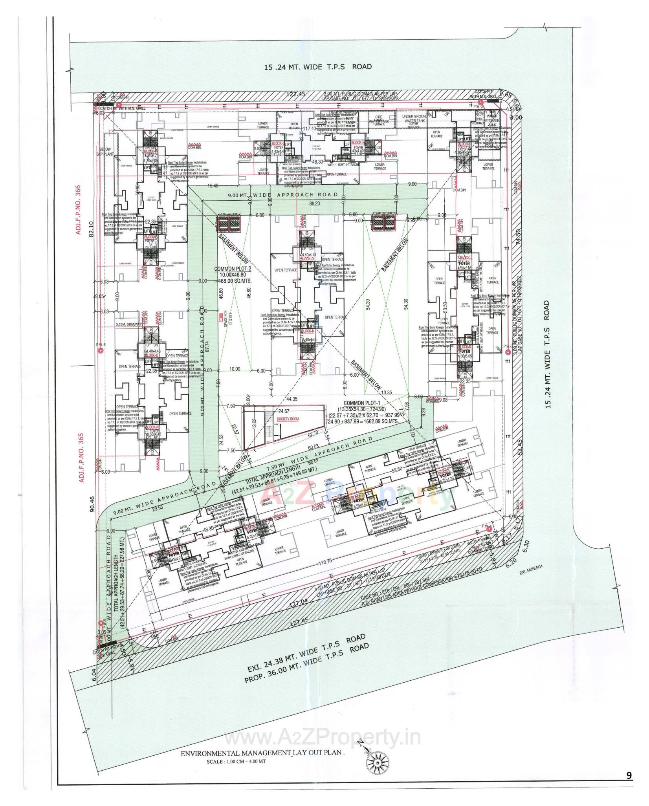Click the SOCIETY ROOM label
point(287,419)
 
